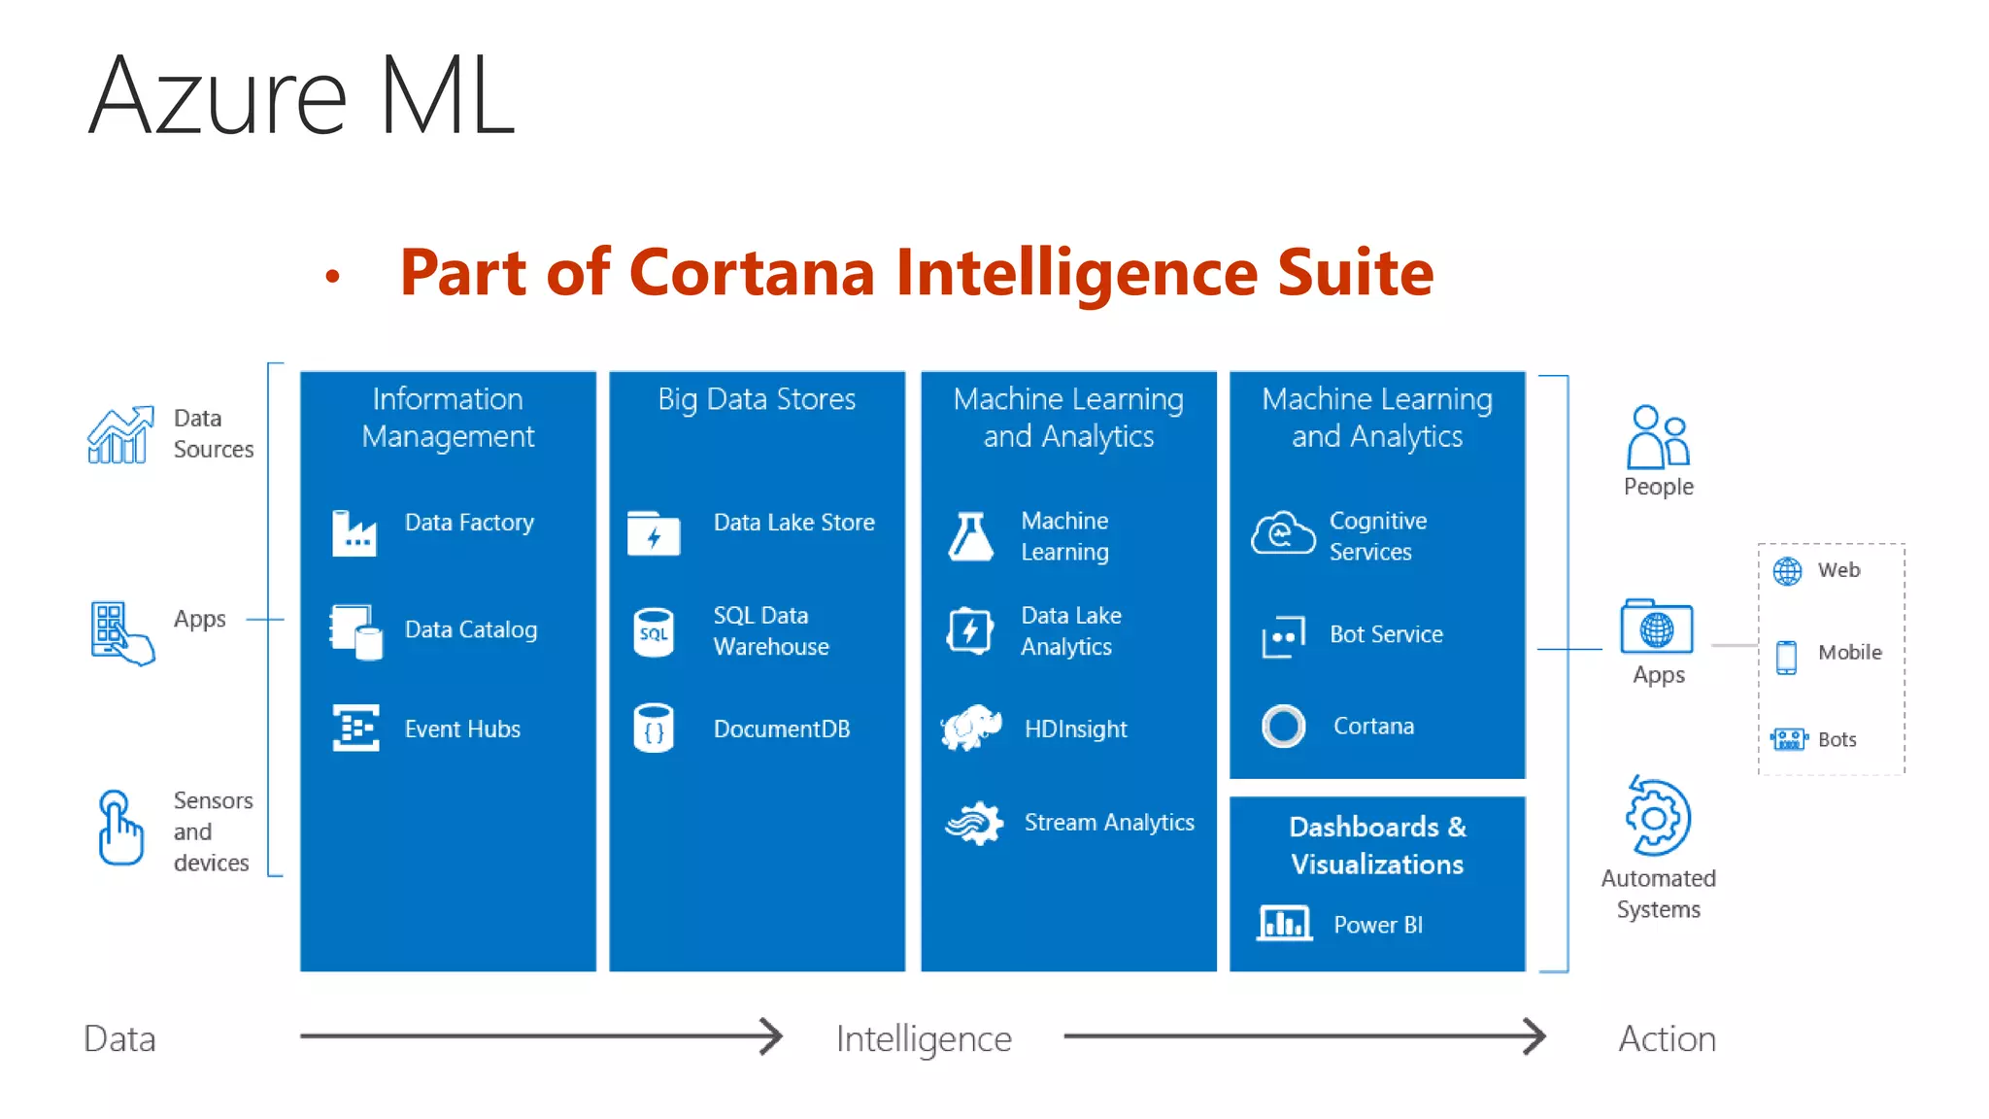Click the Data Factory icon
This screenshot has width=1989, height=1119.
(354, 532)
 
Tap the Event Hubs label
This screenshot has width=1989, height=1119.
(462, 729)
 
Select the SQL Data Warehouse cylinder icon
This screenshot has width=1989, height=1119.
(654, 633)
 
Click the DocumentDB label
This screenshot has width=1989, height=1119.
(782, 729)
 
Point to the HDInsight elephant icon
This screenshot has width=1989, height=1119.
(971, 728)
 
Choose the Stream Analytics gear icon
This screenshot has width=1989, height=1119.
(974, 824)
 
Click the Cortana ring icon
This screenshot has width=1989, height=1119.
(1283, 726)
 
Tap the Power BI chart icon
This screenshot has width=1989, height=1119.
(1284, 923)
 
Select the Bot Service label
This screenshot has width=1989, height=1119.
(1386, 634)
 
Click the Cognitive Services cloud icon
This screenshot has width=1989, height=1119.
(1283, 533)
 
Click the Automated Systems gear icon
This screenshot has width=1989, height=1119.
(1658, 817)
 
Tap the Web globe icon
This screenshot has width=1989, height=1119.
(1787, 571)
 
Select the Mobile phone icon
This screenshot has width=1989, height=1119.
(1786, 657)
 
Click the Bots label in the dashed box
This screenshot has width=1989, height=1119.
(1837, 740)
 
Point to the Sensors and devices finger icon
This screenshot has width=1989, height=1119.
(119, 828)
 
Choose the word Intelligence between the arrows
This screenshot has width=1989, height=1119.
(924, 1039)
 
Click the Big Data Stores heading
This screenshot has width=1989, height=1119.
(757, 399)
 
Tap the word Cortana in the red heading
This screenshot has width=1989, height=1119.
(752, 272)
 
